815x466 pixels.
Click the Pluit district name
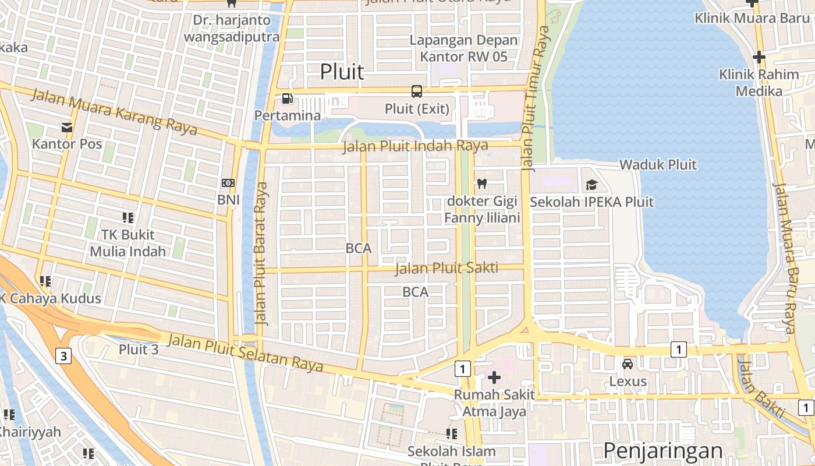(342, 72)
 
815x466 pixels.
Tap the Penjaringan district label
(662, 451)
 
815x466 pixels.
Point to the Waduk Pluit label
(658, 164)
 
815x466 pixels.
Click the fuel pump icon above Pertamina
(287, 98)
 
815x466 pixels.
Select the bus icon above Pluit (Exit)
(417, 91)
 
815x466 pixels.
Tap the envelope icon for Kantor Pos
(67, 127)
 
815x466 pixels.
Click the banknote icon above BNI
(228, 183)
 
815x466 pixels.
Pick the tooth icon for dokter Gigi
(481, 183)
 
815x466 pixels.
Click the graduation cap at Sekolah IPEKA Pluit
(591, 185)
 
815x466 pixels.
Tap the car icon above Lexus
(628, 364)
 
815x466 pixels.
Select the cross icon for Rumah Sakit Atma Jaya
(494, 377)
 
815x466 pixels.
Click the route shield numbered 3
(63, 355)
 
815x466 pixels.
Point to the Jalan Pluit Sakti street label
(447, 268)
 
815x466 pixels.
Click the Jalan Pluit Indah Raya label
(415, 146)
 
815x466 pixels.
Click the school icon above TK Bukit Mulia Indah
(128, 218)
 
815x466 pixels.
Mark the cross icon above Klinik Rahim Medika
(759, 57)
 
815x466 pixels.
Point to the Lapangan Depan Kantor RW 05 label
(463, 48)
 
